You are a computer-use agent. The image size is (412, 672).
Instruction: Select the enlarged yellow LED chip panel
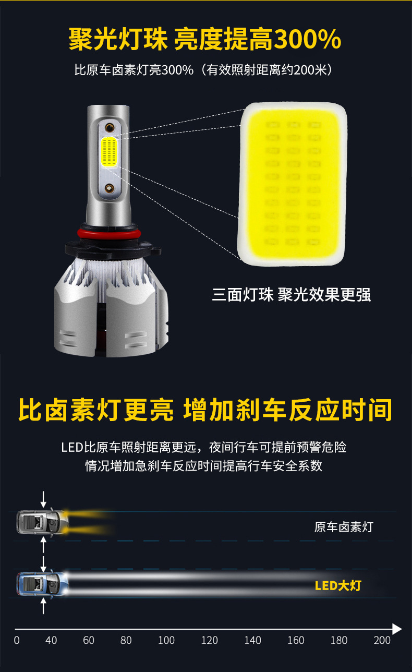(294, 183)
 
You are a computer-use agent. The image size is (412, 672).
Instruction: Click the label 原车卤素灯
(344, 527)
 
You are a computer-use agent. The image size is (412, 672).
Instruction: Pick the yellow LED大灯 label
(338, 585)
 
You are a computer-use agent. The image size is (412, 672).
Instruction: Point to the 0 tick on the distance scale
(17, 640)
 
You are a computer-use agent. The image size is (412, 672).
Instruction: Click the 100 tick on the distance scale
(166, 640)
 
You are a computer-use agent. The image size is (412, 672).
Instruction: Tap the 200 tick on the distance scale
(382, 640)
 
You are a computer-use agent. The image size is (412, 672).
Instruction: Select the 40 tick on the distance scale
(51, 640)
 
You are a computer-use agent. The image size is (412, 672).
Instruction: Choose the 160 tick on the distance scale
(296, 640)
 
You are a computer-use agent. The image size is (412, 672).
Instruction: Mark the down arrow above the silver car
(43, 499)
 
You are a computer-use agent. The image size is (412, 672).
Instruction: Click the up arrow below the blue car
(43, 607)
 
